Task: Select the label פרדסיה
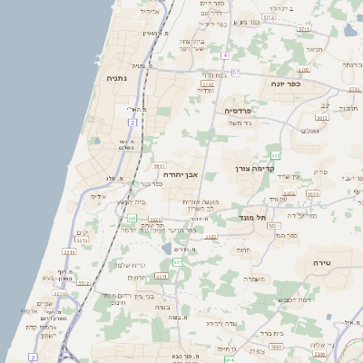click(x=243, y=110)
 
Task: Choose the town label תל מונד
click(x=255, y=218)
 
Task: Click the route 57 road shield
click(x=236, y=72)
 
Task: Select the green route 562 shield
click(x=275, y=156)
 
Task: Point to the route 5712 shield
click(x=269, y=17)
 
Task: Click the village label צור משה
click(x=240, y=123)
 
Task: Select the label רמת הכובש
click(x=296, y=299)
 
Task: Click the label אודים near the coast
click(x=99, y=196)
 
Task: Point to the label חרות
click(x=243, y=250)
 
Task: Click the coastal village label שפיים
click(x=44, y=303)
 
